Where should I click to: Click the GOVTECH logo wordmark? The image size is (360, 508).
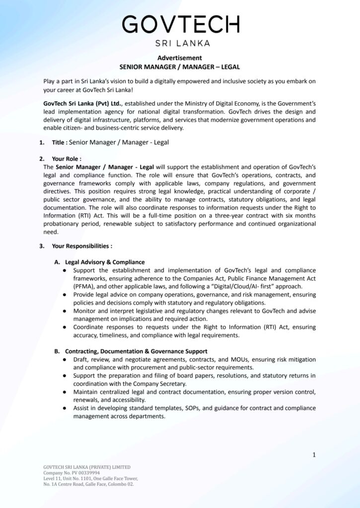180,24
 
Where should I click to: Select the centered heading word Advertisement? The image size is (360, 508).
180,58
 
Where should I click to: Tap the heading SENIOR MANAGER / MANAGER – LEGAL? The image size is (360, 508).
180,66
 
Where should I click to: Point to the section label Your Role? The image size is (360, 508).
67,159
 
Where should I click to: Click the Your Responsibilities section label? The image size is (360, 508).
81,246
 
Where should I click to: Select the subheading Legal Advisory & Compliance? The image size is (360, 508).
105,262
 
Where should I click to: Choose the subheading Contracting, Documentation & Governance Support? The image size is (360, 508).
136,351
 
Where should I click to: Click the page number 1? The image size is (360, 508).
314,454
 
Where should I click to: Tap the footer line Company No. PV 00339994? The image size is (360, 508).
72,473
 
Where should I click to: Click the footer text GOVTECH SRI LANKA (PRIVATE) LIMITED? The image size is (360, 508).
87,467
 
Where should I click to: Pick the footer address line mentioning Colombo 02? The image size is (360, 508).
88,484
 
